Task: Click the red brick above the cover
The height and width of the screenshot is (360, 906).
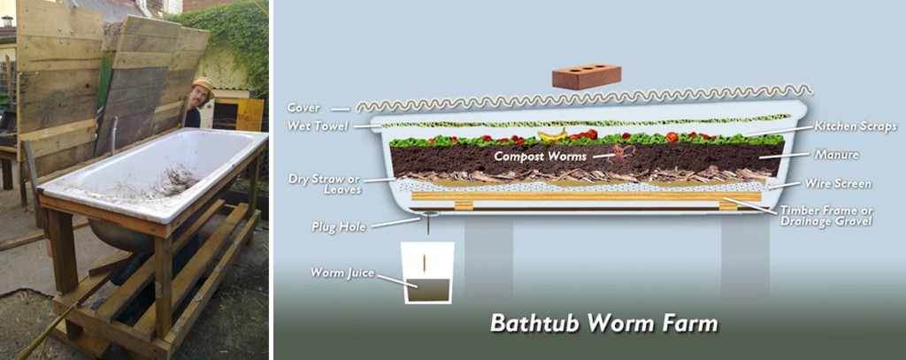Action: (587, 76)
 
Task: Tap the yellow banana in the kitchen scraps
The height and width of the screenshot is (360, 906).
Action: (553, 135)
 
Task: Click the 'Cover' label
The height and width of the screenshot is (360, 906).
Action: (303, 108)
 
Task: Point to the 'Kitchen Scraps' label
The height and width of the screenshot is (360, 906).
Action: (856, 126)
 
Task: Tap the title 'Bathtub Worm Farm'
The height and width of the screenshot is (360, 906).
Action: (603, 323)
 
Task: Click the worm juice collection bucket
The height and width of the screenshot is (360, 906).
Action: (428, 273)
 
